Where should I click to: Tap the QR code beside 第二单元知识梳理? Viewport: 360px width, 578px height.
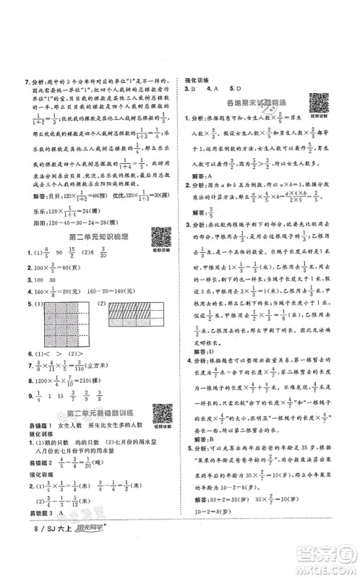(x=160, y=235)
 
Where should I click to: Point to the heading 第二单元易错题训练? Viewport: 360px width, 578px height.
(x=98, y=413)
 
